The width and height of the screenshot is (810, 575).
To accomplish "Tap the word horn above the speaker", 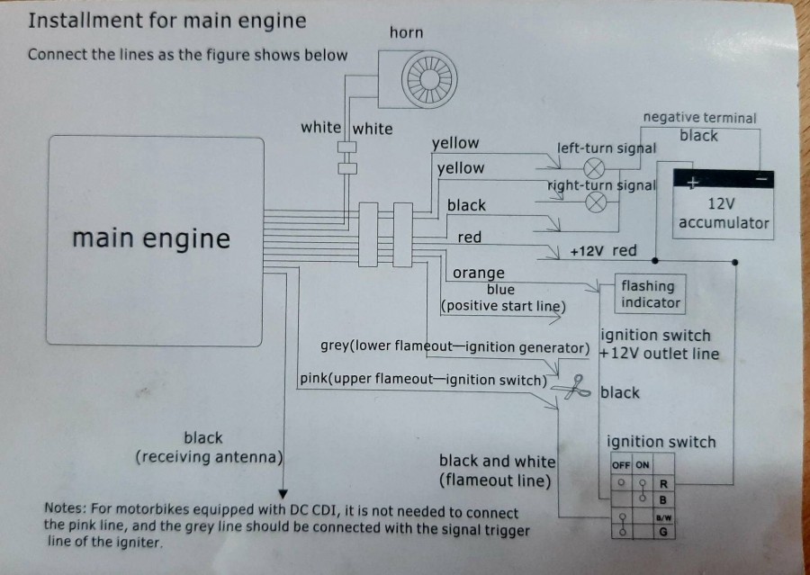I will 406,32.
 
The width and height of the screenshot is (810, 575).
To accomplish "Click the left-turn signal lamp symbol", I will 594,168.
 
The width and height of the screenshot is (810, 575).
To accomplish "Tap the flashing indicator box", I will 648,294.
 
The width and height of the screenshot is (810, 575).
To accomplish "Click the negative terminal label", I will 699,118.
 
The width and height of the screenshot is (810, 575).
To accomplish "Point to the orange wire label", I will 478,273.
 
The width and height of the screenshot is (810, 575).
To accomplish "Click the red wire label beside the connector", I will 469,238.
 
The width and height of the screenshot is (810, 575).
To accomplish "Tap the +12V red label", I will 603,251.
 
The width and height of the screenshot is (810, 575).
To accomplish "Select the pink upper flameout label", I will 423,380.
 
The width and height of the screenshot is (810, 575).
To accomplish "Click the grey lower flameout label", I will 454,347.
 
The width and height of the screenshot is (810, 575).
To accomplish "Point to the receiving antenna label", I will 208,448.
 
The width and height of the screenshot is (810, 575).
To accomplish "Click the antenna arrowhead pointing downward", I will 283,493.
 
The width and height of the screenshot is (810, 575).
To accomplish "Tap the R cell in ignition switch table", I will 662,483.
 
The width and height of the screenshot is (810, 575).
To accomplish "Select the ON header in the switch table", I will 642,465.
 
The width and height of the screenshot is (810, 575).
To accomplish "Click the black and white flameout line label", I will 497,471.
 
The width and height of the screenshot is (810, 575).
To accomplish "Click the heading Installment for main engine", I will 167,21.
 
